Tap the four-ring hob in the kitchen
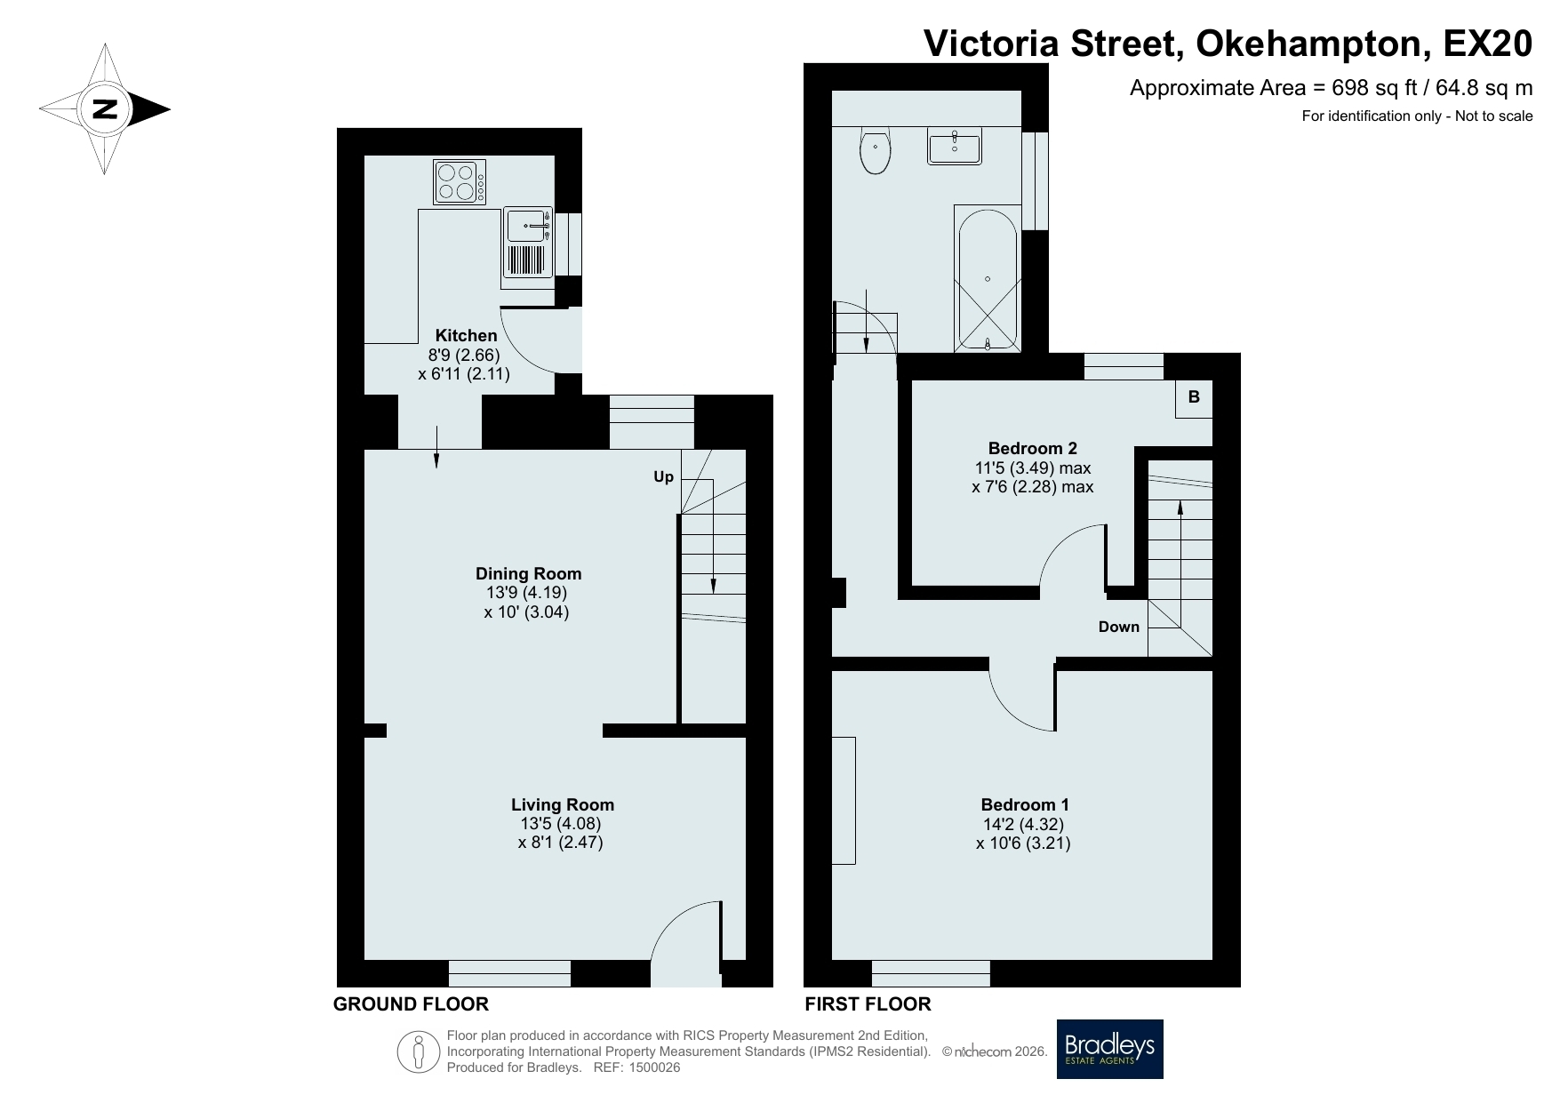click(460, 181)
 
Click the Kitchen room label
click(465, 335)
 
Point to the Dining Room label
click(528, 573)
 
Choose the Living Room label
click(562, 804)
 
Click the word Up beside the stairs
click(664, 477)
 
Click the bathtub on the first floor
click(988, 278)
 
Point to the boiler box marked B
click(1194, 397)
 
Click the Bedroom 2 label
click(1032, 448)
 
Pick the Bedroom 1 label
click(1025, 804)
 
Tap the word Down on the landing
click(1118, 627)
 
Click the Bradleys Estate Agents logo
click(1109, 1049)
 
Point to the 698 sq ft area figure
click(1364, 88)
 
